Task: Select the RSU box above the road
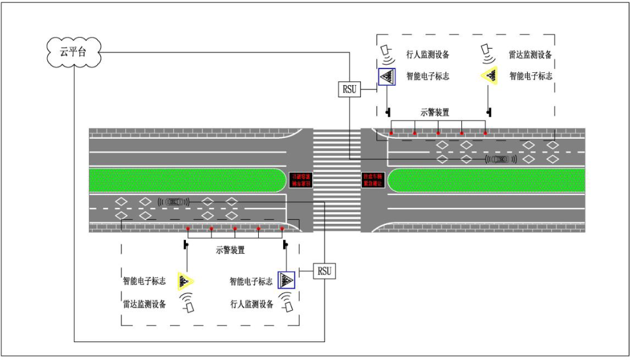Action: click(x=350, y=89)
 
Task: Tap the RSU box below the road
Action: click(x=324, y=271)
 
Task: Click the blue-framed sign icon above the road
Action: click(x=387, y=77)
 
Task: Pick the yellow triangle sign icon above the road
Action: click(x=489, y=76)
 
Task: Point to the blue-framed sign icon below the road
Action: click(x=286, y=281)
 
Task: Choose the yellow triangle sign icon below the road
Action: click(x=185, y=281)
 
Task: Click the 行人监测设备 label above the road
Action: click(x=427, y=55)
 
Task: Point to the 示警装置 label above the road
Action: click(x=434, y=112)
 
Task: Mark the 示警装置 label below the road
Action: click(x=231, y=251)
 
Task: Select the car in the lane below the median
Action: click(x=174, y=202)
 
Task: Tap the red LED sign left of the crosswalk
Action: click(x=300, y=180)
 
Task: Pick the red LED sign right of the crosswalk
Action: click(x=373, y=180)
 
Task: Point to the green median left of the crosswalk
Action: click(x=186, y=180)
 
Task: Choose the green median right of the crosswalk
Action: click(x=486, y=180)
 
